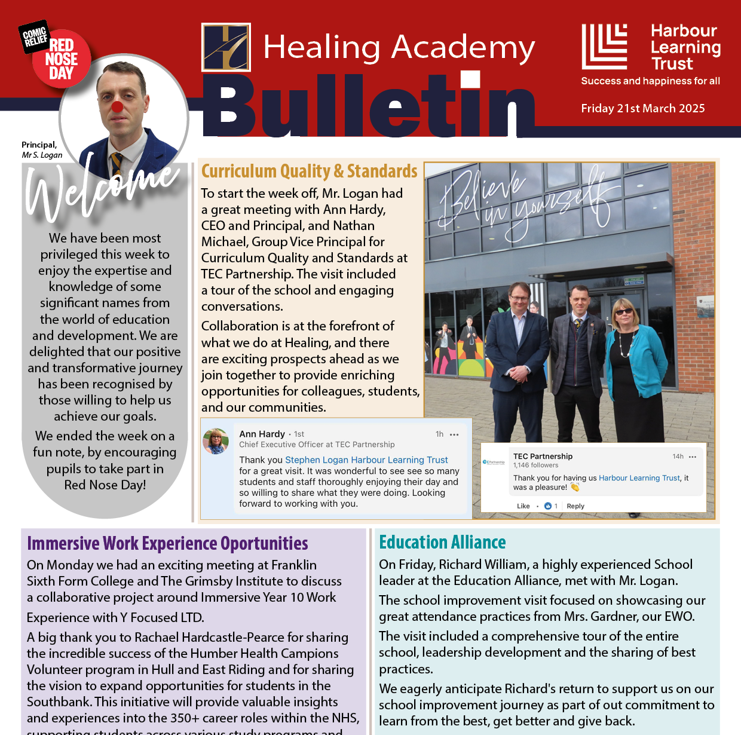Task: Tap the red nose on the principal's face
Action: pos(118,107)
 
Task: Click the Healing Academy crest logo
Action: pos(226,47)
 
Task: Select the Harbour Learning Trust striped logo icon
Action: pos(604,47)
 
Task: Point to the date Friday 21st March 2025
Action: pos(642,108)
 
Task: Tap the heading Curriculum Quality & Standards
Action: pos(309,171)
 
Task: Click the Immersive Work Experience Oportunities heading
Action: pos(167,543)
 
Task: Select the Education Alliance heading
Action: pos(442,542)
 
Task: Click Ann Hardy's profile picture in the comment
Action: pos(216,441)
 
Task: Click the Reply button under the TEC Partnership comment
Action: pos(575,506)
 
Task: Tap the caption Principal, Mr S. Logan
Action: pos(41,150)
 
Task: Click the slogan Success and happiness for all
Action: pos(650,81)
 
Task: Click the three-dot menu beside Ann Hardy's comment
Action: pos(454,434)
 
